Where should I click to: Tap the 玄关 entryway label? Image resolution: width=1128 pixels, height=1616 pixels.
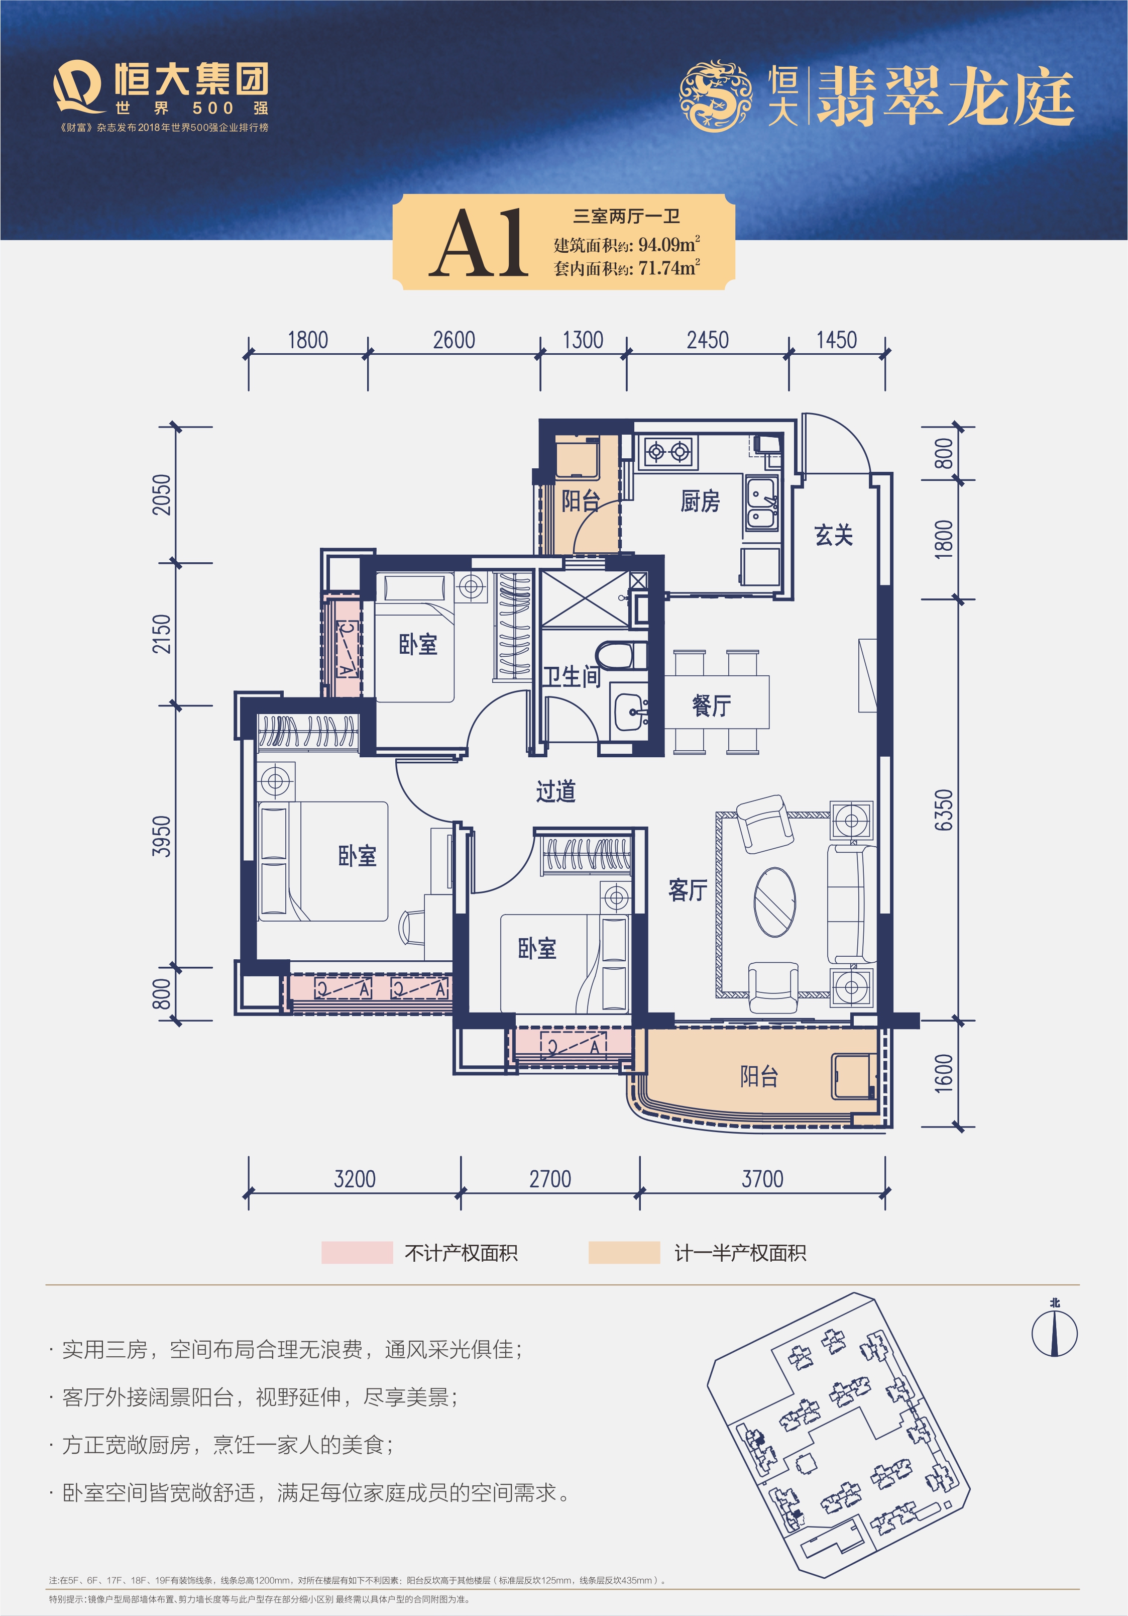click(x=834, y=535)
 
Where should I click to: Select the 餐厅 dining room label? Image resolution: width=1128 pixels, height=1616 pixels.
click(x=712, y=704)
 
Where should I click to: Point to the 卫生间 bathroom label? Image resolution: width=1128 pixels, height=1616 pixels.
click(x=572, y=676)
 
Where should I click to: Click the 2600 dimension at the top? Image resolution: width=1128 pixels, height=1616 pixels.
click(x=454, y=341)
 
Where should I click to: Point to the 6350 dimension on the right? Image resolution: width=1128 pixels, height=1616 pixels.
click(x=944, y=810)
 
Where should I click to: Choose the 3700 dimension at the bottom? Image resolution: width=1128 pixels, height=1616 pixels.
click(x=762, y=1179)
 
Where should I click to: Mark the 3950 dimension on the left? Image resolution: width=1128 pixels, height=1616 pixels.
click(x=162, y=836)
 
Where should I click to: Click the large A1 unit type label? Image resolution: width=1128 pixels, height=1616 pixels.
click(x=479, y=243)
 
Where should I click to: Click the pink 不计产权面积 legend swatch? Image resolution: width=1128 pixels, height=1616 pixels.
click(x=357, y=1253)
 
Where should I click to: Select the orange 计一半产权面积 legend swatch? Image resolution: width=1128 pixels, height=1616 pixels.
click(x=624, y=1253)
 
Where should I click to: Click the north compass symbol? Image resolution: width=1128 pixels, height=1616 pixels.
click(x=1054, y=1333)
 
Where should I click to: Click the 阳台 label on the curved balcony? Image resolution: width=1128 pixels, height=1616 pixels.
click(x=758, y=1076)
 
